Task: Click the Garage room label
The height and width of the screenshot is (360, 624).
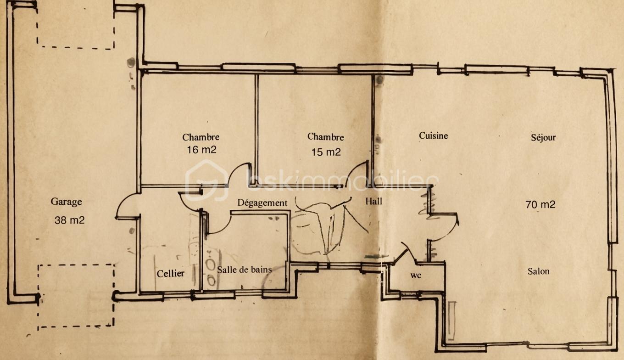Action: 66,202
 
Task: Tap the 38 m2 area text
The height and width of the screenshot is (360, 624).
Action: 69,220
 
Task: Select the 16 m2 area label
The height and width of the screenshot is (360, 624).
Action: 201,150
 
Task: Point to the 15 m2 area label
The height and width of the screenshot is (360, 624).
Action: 326,152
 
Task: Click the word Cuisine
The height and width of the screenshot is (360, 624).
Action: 434,136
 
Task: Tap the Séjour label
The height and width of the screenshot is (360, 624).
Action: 543,137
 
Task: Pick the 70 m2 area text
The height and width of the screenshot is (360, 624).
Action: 540,205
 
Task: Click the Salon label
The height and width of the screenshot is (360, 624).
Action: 539,271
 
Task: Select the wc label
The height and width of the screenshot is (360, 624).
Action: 416,276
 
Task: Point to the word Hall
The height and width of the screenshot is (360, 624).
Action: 374,201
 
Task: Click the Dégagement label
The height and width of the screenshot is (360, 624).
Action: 262,202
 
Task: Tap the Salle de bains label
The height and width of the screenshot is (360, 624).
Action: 244,270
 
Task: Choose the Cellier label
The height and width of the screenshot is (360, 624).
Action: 171,274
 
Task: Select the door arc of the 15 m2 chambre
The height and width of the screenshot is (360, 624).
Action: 351,168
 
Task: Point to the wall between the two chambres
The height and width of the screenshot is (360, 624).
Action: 256,129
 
